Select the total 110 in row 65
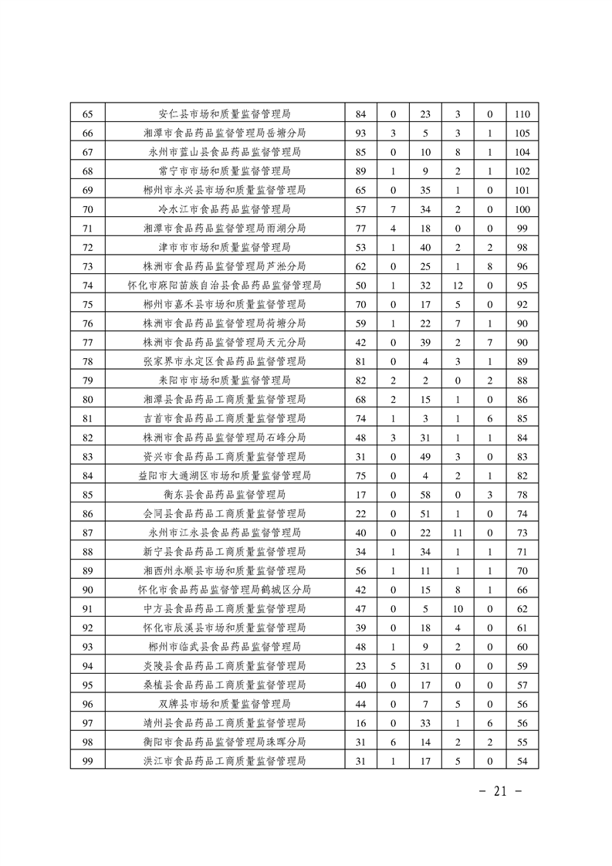tap(522, 114)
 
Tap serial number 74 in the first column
tap(87, 286)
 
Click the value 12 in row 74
tap(458, 286)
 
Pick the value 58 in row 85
tap(424, 495)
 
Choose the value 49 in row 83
tap(424, 457)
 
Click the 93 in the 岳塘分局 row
tap(360, 133)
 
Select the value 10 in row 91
tap(458, 609)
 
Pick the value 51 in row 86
tap(424, 514)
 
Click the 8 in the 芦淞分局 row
tap(490, 266)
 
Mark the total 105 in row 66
tap(522, 133)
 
